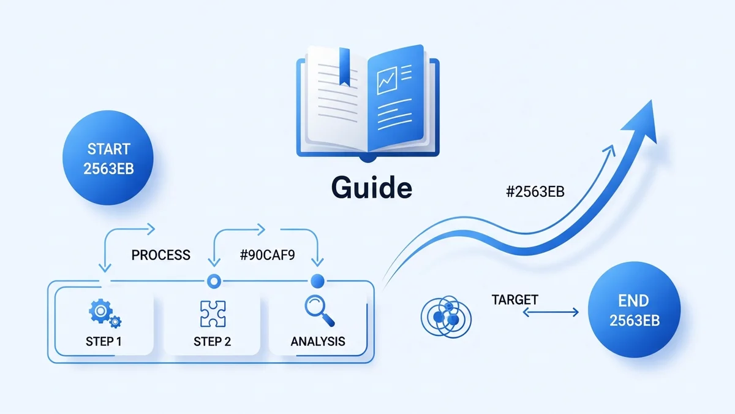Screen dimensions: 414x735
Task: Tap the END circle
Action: coord(633,312)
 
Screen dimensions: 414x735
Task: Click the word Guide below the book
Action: coord(371,188)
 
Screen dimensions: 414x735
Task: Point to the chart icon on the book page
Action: coord(386,80)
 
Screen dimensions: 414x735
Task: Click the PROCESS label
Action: coord(161,255)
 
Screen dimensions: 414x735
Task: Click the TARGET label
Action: coord(514,300)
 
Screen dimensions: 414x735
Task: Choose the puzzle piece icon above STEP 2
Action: coord(213,313)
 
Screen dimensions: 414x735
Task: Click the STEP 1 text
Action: coord(104,342)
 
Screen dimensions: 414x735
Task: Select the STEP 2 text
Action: coord(212,342)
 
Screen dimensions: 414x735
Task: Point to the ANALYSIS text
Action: coord(317,342)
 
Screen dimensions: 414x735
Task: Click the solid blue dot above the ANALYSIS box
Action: coord(317,281)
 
